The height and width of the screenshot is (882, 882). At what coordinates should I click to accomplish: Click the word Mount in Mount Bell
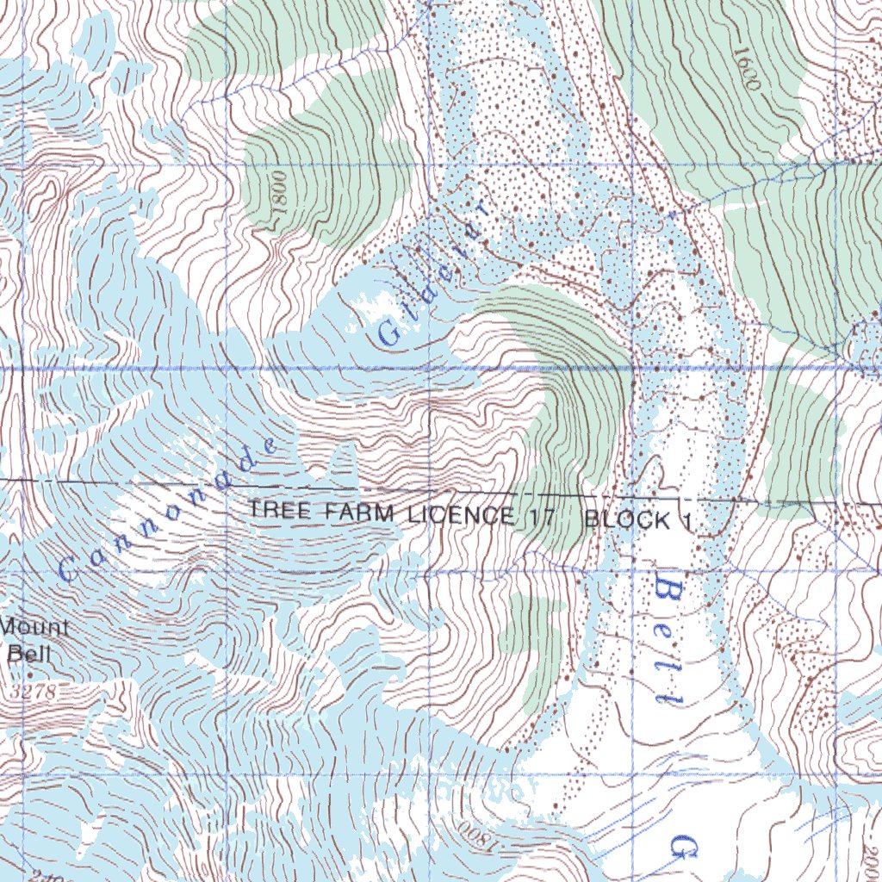(x=36, y=626)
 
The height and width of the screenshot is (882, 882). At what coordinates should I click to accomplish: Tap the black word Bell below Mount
(x=30, y=654)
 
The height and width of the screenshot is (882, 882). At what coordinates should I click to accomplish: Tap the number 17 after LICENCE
(x=544, y=519)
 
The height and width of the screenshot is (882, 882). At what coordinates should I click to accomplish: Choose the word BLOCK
(x=627, y=520)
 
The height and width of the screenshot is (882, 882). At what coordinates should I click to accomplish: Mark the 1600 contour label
(x=746, y=69)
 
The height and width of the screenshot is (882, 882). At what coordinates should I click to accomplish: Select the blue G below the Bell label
(x=686, y=848)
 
